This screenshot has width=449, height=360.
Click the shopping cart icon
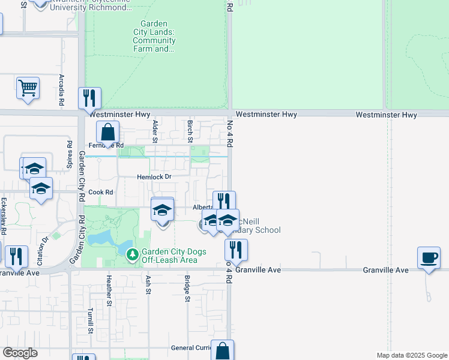(28, 88)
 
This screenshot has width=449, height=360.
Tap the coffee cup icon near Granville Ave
(429, 258)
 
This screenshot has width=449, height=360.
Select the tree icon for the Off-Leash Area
(133, 255)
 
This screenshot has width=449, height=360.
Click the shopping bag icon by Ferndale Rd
(107, 132)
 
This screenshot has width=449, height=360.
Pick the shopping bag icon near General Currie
(222, 351)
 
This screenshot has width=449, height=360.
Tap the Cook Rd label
(101, 192)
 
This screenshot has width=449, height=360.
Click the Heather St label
(109, 290)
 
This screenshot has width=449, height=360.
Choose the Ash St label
(148, 284)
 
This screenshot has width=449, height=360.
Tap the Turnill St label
(91, 321)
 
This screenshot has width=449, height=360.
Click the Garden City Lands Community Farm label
(154, 37)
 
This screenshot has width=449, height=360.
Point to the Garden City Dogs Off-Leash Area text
(174, 256)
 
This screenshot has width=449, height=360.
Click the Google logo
(20, 353)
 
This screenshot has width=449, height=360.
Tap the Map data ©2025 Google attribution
(412, 355)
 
